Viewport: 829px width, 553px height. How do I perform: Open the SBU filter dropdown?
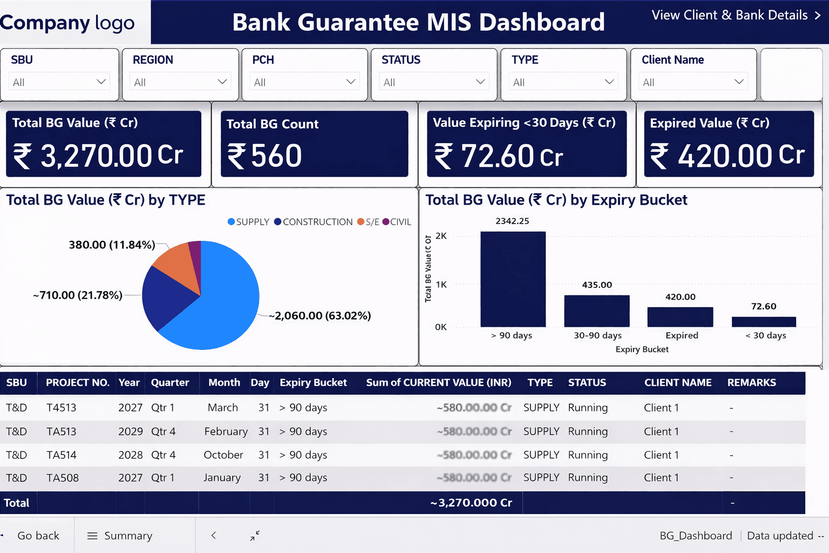[59, 82]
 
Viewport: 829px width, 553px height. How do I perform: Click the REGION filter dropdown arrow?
[222, 82]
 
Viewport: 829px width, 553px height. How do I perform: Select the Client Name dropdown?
[694, 82]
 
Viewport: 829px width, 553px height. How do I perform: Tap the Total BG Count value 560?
[276, 156]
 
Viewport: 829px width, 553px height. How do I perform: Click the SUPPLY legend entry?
[248, 222]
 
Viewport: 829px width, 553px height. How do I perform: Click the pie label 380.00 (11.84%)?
[112, 245]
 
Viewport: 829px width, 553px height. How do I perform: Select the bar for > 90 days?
[513, 279]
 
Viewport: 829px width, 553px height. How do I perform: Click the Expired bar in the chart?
[680, 317]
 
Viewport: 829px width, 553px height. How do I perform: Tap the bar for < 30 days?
[764, 322]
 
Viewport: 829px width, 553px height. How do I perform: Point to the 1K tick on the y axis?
[441, 285]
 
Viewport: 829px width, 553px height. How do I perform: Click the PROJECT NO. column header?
[77, 383]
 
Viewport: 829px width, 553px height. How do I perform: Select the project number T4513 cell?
[62, 408]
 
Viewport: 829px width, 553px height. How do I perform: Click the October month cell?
[223, 455]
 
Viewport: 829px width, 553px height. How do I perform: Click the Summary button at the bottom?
[120, 536]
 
